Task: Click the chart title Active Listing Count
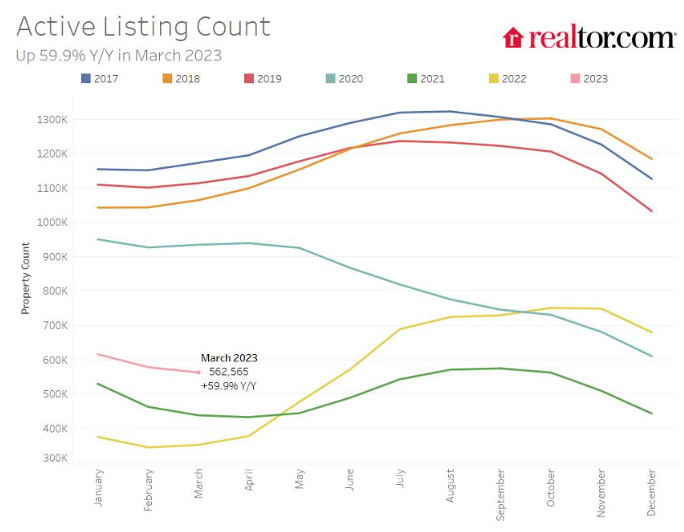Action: click(143, 26)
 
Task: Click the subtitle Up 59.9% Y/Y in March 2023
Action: click(118, 55)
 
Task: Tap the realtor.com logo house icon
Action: click(513, 38)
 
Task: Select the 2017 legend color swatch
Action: click(86, 78)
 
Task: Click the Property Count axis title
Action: click(25, 278)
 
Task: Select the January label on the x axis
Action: click(99, 487)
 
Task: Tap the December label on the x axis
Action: click(651, 492)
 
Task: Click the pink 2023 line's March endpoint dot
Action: click(198, 372)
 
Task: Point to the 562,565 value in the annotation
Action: click(229, 371)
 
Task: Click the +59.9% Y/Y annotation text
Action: click(229, 385)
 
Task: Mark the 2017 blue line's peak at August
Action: click(450, 111)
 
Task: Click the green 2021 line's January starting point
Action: click(98, 383)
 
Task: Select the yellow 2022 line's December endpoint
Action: click(651, 332)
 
